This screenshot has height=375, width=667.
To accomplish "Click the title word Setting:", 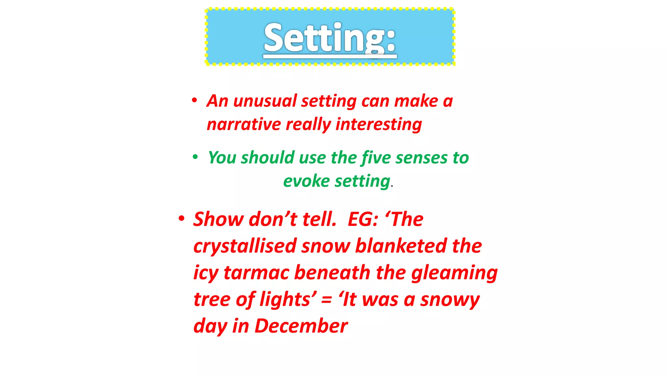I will tap(330, 38).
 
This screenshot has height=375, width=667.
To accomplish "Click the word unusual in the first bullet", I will tap(265, 101).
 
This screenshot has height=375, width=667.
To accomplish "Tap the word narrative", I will tap(244, 124).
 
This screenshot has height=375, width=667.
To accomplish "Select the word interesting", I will tap(379, 124).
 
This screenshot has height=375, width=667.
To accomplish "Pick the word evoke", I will tap(306, 181).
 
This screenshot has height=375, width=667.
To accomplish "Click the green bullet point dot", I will tap(195, 157).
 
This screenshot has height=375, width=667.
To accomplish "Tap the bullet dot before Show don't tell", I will tap(181, 218).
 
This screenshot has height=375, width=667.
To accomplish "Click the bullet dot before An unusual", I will tap(194, 100).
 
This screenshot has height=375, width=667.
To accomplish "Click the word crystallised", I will tap(245, 246).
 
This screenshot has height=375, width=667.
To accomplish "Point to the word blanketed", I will tap(401, 246).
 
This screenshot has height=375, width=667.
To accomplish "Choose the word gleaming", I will tap(454, 273).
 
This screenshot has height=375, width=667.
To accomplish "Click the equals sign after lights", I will tap(326, 300).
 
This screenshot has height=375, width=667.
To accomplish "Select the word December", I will tap(301, 326).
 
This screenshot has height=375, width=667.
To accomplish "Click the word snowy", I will tap(449, 300).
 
